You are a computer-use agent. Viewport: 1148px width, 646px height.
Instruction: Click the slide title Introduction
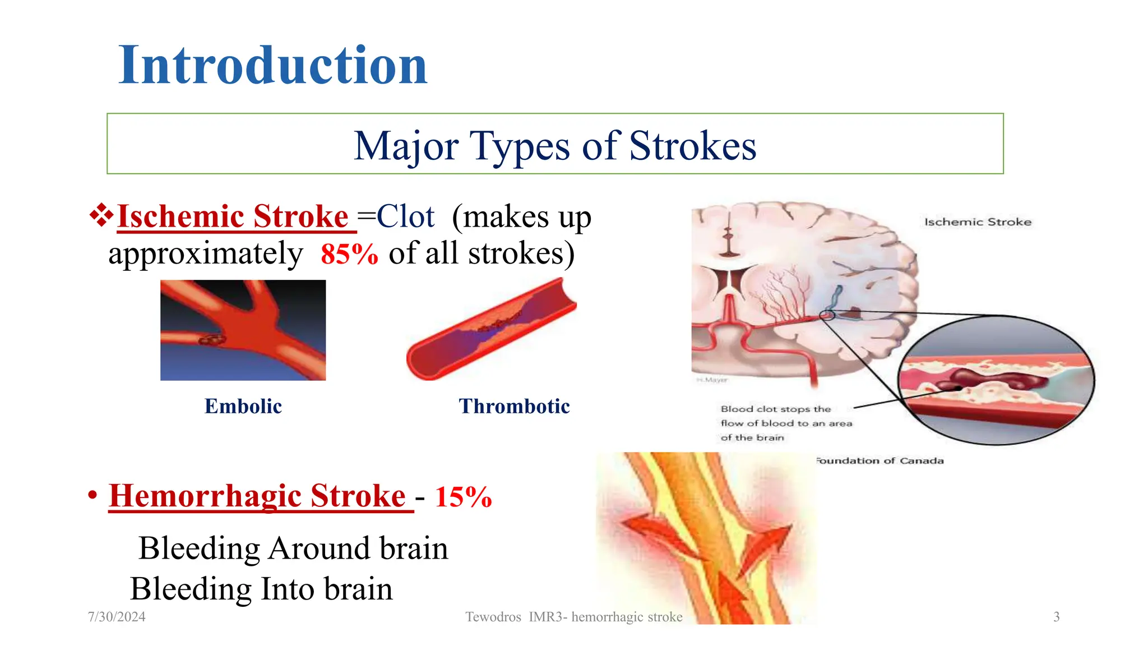[273, 66]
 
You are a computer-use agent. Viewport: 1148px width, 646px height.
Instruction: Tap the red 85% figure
[349, 254]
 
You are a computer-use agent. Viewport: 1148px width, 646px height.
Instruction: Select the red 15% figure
[463, 497]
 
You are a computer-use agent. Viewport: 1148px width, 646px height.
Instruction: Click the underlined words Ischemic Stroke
[233, 216]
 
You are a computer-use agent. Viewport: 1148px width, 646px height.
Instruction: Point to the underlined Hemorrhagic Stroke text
[257, 496]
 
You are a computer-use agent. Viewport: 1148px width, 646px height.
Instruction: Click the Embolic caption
[243, 406]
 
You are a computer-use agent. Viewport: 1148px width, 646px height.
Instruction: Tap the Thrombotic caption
[514, 406]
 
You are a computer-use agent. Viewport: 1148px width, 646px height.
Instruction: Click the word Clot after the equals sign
[405, 216]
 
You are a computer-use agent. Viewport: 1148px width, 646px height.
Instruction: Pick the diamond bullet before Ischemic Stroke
[101, 215]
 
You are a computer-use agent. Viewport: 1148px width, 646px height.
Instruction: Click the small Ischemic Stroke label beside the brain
[978, 222]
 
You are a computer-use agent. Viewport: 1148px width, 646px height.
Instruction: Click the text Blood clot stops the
[776, 409]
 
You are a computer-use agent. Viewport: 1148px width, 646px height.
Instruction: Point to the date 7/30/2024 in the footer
[117, 617]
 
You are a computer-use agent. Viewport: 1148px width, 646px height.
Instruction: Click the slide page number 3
[1056, 617]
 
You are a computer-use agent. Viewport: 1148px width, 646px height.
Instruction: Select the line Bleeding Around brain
[293, 548]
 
